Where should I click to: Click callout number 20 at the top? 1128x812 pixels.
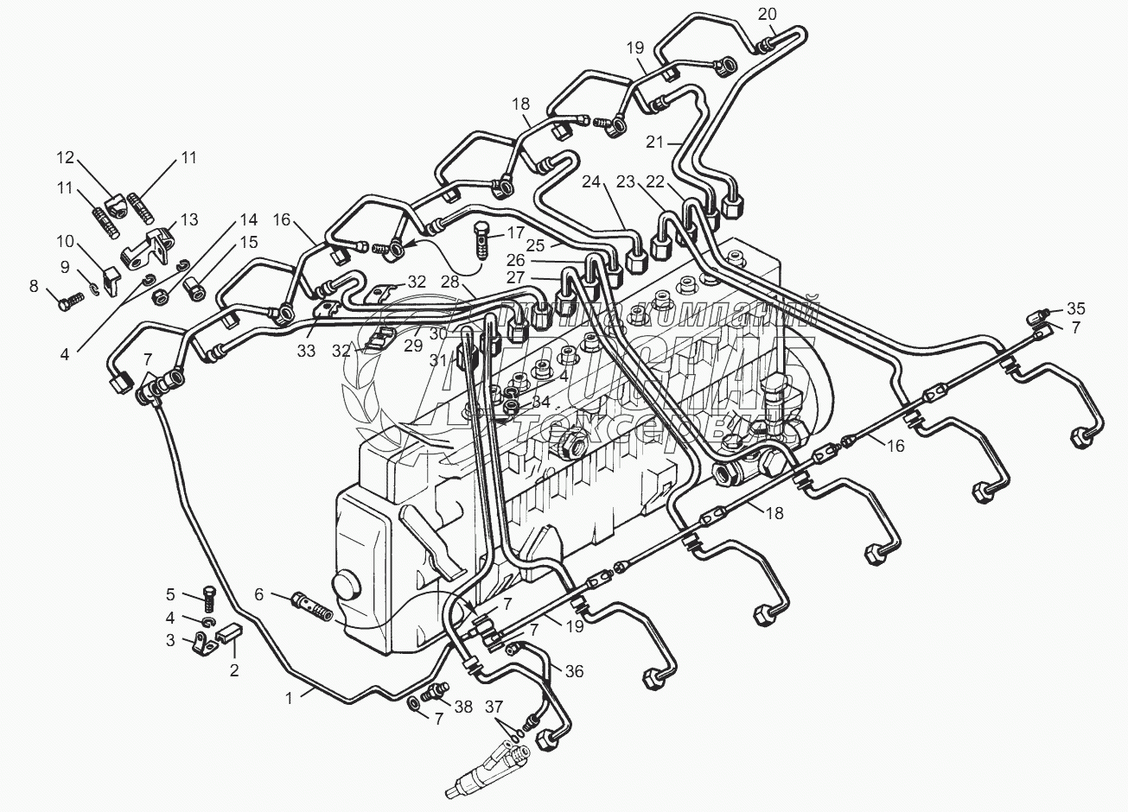pyautogui.click(x=768, y=13)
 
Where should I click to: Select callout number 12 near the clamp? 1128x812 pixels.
pyautogui.click(x=67, y=157)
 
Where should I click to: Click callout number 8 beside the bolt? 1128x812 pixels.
pyautogui.click(x=35, y=286)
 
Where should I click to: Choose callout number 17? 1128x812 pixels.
pyautogui.click(x=516, y=232)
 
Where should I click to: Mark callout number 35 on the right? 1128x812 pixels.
pyautogui.click(x=1074, y=308)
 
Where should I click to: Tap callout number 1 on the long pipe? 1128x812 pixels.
pyautogui.click(x=290, y=696)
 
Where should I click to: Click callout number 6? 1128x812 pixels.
pyautogui.click(x=258, y=594)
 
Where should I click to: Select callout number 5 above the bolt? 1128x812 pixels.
pyautogui.click(x=171, y=593)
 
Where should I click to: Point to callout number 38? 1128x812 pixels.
pyautogui.click(x=464, y=707)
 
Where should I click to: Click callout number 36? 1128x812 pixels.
pyautogui.click(x=575, y=670)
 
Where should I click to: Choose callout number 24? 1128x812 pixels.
pyautogui.click(x=590, y=182)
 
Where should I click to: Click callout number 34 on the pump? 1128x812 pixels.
pyautogui.click(x=540, y=402)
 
